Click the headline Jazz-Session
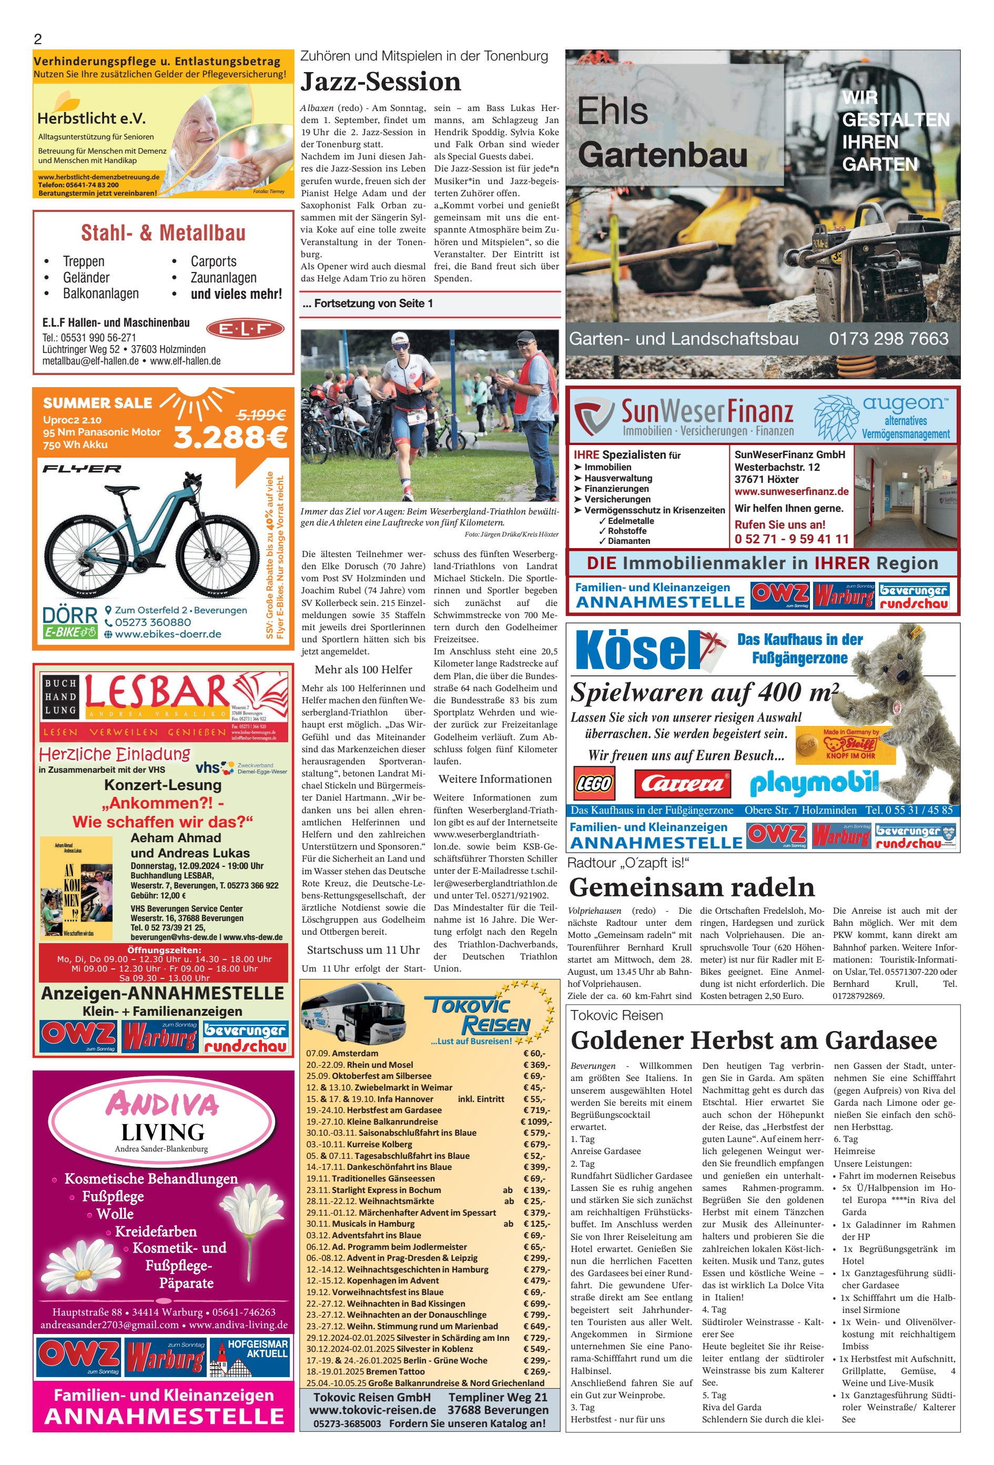[x=381, y=82]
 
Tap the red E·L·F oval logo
[x=245, y=328]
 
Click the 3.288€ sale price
[x=230, y=436]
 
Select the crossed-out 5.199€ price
[x=261, y=414]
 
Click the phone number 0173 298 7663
[x=888, y=339]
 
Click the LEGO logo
[x=593, y=784]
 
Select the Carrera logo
[x=682, y=784]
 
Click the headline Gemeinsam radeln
[x=692, y=887]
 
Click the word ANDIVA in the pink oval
[x=163, y=1104]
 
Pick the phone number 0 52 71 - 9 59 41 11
[x=792, y=539]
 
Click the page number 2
[x=38, y=39]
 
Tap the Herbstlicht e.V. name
[x=92, y=118]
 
